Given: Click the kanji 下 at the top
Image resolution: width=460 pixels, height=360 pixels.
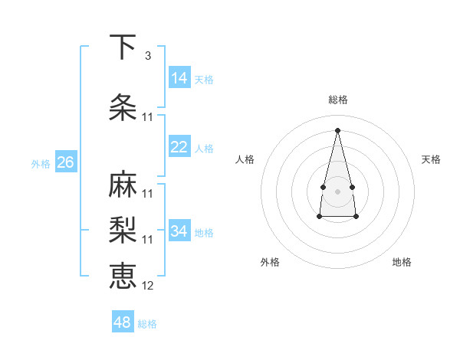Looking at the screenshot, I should click(123, 47).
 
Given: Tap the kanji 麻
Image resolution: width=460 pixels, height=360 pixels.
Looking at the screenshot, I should click(123, 185).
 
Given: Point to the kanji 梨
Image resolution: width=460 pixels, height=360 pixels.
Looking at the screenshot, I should click(123, 231).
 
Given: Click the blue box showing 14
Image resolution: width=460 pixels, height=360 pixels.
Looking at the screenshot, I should click(179, 78).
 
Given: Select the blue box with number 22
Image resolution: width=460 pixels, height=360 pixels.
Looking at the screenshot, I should click(179, 147).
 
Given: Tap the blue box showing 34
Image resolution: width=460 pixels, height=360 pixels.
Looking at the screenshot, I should click(179, 231).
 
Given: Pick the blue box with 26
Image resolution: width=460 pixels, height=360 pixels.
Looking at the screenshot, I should click(65, 162).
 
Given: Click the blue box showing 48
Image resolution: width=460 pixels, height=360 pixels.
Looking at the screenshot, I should click(123, 322).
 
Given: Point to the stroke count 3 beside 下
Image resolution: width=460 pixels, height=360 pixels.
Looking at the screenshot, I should click(147, 56).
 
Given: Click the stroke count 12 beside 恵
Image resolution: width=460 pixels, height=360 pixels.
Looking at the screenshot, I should click(148, 286).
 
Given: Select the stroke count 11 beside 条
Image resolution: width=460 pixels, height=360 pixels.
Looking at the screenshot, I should click(148, 117).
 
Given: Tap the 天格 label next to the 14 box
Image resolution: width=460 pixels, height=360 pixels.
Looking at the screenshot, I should click(204, 80).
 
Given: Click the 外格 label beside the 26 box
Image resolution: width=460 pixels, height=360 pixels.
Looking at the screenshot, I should click(40, 164).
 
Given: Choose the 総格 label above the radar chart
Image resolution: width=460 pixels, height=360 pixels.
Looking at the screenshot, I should click(338, 100).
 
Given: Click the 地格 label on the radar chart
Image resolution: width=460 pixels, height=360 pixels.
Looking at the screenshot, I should click(402, 262).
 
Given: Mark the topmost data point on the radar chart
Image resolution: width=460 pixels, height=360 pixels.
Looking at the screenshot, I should click(337, 129).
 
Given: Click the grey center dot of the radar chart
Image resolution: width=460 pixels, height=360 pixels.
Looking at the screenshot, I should click(337, 191).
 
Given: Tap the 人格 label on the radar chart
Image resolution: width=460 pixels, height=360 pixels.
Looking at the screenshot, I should click(245, 159).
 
